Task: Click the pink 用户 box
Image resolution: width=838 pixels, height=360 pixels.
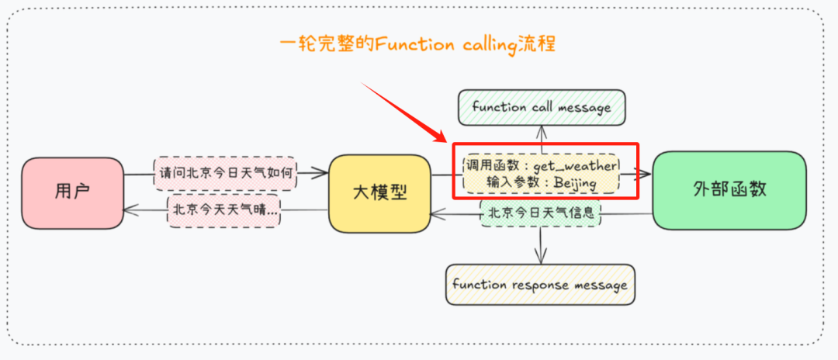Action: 72,191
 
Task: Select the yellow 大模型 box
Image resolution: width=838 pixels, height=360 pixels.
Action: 379,192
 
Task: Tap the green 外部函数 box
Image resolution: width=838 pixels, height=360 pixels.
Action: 729,189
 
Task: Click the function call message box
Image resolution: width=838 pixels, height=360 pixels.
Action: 541,108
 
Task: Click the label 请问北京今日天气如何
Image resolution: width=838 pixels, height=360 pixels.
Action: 225,174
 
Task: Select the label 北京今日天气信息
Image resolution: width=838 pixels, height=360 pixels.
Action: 541,213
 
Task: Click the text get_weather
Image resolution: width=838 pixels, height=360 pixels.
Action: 574,166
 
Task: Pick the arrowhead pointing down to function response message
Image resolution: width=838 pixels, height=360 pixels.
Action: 541,258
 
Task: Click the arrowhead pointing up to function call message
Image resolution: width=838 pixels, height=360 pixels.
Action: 541,130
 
